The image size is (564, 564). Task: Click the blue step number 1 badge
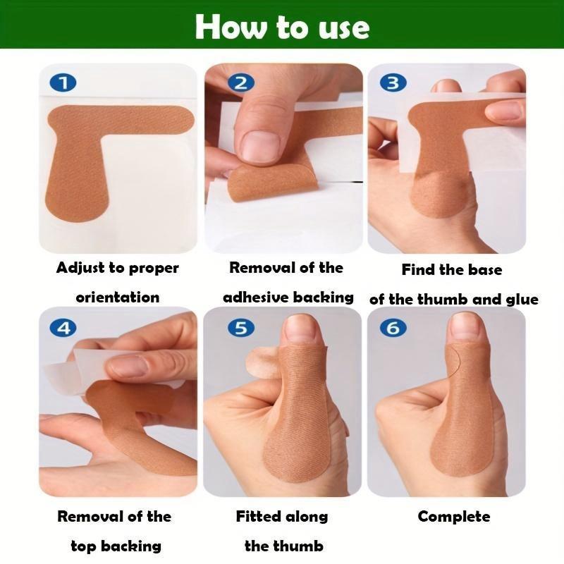63,82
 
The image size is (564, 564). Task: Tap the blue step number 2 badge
241,82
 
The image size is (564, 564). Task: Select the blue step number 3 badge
393,82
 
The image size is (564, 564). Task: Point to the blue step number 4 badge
63,328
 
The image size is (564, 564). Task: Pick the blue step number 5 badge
241,328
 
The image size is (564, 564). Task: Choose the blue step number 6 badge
393,328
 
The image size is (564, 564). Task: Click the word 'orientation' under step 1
118,298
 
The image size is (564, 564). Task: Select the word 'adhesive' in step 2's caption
255,298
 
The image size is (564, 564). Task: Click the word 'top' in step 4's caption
83,547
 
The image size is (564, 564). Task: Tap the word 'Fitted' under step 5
257,517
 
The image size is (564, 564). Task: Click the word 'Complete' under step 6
454,517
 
